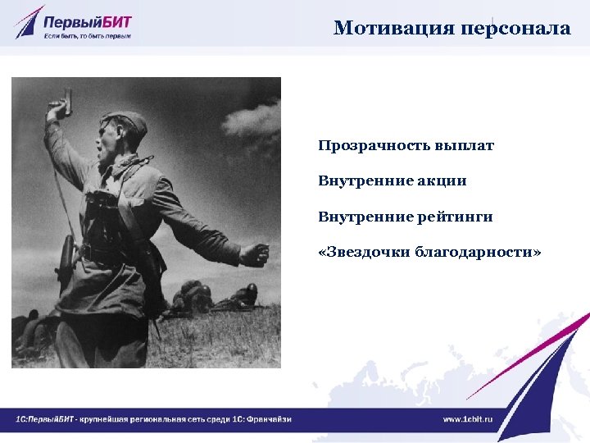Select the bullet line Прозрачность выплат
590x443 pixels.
tap(406, 146)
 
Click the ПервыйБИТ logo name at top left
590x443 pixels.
tap(90, 18)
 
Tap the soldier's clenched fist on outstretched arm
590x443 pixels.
tap(255, 255)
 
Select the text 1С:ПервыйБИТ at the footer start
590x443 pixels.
tap(44, 419)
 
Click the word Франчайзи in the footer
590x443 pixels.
tap(270, 419)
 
